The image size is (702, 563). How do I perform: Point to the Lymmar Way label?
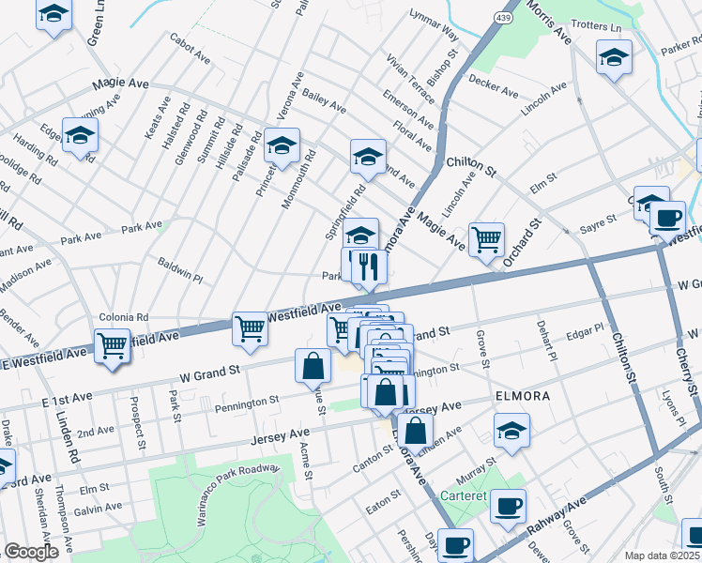pyautogui.click(x=434, y=27)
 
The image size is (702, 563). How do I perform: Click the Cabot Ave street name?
pyautogui.click(x=190, y=47)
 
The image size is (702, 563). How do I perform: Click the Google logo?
pyautogui.click(x=31, y=552)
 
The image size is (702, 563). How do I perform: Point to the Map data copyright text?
pyautogui.click(x=662, y=555)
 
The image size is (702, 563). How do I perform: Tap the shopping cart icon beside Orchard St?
pyautogui.click(x=486, y=239)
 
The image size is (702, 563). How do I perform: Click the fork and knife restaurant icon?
pyautogui.click(x=368, y=266)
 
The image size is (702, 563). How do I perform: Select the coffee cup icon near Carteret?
pyautogui.click(x=509, y=506)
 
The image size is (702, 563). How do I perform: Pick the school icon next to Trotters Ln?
pyautogui.click(x=614, y=58)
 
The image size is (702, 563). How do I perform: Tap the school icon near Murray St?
pyautogui.click(x=511, y=431)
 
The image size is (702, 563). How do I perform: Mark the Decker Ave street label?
pyautogui.click(x=494, y=86)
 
